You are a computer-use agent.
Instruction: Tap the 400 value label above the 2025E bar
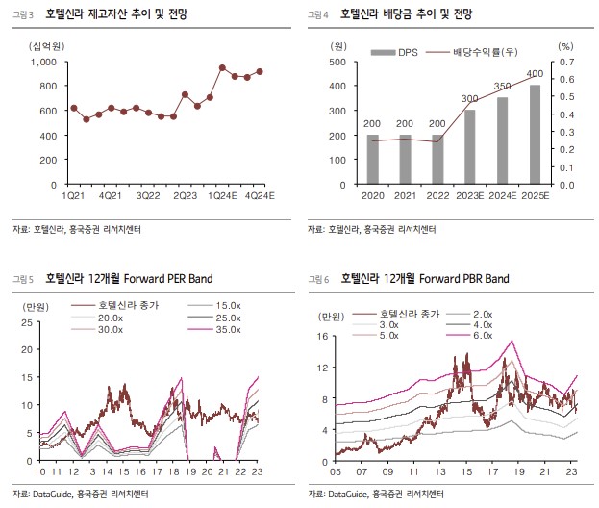(x=536, y=74)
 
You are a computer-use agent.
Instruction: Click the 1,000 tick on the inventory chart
(x=43, y=61)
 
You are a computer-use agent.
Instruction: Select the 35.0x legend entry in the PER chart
(x=227, y=329)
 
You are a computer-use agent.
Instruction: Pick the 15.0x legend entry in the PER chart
(x=227, y=305)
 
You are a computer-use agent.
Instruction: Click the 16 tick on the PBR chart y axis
(x=324, y=337)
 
